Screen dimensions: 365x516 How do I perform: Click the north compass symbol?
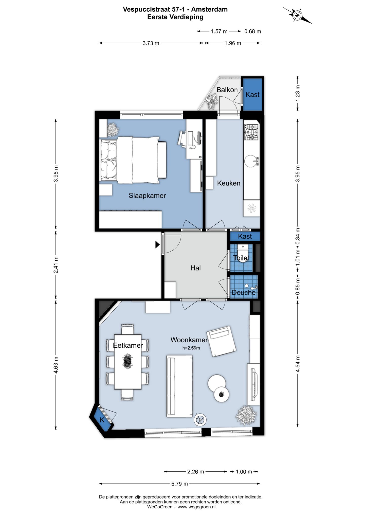(x=297, y=15)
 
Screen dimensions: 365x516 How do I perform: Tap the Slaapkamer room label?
(x=147, y=195)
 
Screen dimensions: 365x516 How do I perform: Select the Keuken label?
(x=229, y=183)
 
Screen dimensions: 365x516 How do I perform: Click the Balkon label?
(x=227, y=90)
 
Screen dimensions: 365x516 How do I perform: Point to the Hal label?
(x=196, y=268)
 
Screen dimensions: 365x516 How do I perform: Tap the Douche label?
(x=244, y=293)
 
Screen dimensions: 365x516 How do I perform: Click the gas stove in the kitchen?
(x=251, y=132)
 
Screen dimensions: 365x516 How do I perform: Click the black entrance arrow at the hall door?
(x=157, y=245)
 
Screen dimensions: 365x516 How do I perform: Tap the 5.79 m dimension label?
(x=179, y=484)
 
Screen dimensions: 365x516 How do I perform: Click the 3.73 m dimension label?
(x=151, y=43)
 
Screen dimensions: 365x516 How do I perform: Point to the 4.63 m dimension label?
(x=56, y=365)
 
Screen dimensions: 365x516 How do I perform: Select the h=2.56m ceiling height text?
(x=191, y=348)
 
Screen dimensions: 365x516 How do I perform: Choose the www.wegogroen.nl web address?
(x=196, y=507)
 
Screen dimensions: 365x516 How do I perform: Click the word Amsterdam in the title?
(x=209, y=9)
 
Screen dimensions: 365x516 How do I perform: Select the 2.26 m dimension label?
(x=196, y=472)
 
